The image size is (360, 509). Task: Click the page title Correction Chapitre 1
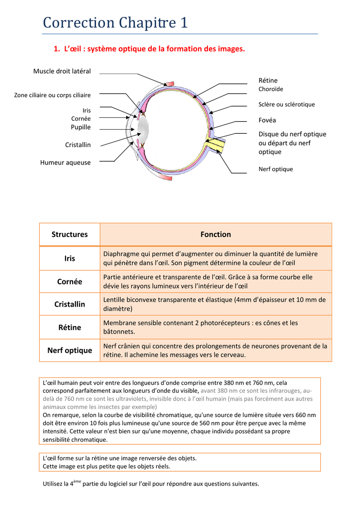pos(115,23)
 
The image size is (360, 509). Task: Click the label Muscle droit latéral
pos(62,71)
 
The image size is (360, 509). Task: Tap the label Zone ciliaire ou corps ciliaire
pos(52,95)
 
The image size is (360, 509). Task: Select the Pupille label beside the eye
pos(81,127)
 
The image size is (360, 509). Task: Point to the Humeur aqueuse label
pos(66,163)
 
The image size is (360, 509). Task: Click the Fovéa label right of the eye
pos(267,120)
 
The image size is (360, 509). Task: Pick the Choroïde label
pos(270,89)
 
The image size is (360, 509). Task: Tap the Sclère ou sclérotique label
pos(286,104)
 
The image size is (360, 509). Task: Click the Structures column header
pos(70,234)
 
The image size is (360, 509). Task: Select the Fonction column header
pos(216,234)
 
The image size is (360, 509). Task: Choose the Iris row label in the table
pos(70,258)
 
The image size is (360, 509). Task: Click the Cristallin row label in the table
pos(70,304)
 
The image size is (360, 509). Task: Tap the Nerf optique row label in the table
pos(70,350)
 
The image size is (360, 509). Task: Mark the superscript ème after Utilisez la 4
pos(77,481)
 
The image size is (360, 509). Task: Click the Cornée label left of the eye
pos(81,119)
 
